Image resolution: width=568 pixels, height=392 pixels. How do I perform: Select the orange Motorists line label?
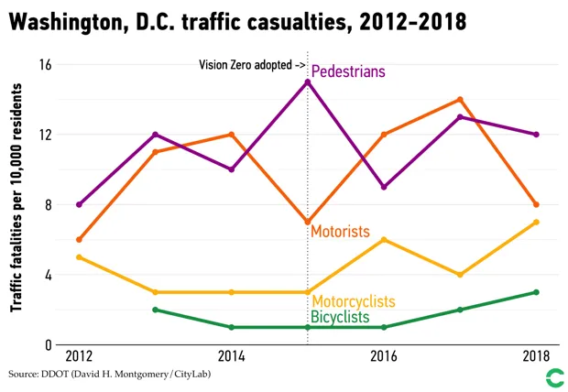tap(340, 232)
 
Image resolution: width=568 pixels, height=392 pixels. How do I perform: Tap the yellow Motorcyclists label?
tap(354, 301)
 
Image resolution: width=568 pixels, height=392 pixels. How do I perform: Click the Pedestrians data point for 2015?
tap(307, 82)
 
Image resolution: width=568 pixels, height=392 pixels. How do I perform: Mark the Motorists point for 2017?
tap(460, 99)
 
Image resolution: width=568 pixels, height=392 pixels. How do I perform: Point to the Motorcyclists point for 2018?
tap(536, 222)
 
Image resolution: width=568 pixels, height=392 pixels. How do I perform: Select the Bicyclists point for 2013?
tap(155, 310)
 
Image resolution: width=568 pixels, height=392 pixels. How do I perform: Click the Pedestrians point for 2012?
tap(79, 204)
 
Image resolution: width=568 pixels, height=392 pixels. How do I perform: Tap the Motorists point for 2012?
tap(79, 239)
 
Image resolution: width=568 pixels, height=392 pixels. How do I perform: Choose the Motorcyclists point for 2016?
tap(384, 240)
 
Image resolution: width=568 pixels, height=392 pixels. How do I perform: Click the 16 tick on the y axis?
tap(45, 64)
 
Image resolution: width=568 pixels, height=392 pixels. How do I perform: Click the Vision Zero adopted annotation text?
tap(252, 65)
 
